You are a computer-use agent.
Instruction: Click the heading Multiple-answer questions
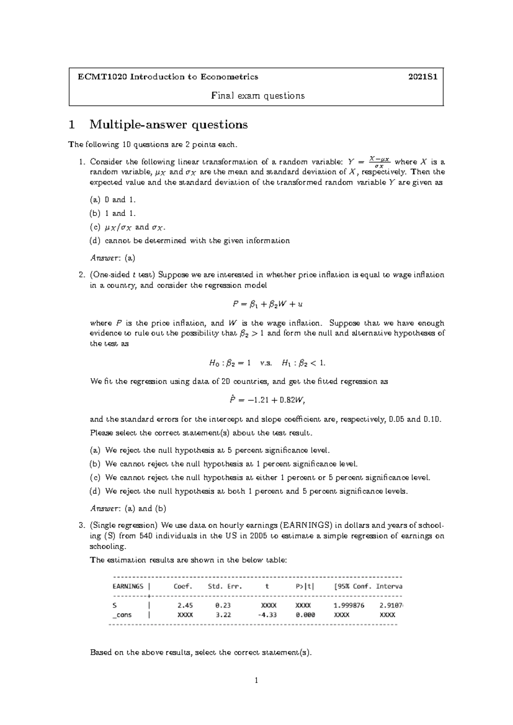coord(168,125)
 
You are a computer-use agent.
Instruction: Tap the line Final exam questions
coord(258,96)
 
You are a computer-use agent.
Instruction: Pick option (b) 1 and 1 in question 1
coord(112,213)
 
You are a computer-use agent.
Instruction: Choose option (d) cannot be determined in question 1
coord(189,241)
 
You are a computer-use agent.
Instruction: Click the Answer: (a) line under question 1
coord(113,258)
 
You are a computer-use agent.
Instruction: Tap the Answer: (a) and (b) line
coord(128,509)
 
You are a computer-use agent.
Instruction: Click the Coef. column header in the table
coord(183,586)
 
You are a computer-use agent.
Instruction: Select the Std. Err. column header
coord(225,586)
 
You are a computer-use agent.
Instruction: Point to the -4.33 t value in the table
coord(268,615)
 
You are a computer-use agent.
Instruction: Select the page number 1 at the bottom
coord(256,681)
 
